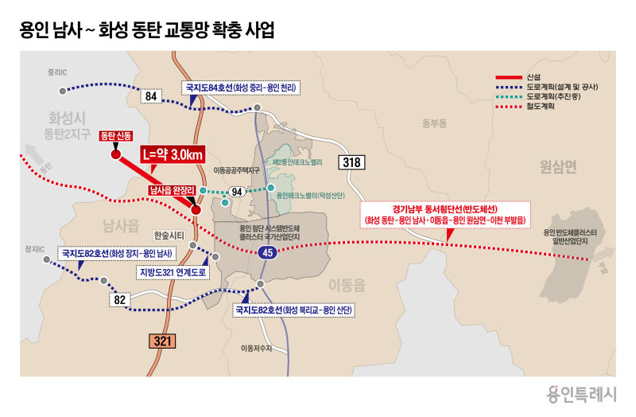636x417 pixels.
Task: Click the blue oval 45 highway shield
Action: [266, 252]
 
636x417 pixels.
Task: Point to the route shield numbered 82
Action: [119, 299]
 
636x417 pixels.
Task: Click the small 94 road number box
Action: [236, 192]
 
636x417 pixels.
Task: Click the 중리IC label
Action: [58, 71]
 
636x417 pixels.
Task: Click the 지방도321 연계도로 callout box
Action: [173, 271]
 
